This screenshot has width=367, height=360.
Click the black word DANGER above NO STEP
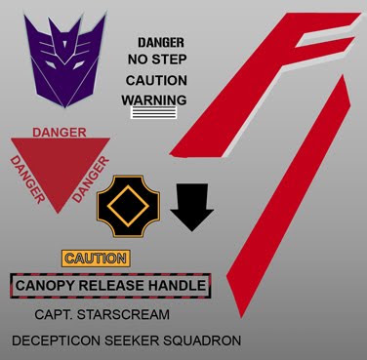click(161, 43)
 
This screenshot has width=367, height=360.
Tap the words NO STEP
click(157, 60)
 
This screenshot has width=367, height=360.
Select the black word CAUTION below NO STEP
click(156, 81)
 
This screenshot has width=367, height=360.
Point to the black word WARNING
click(154, 100)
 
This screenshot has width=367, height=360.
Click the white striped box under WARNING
click(153, 112)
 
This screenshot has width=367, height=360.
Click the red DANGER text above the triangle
click(60, 133)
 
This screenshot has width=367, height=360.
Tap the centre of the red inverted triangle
click(61, 164)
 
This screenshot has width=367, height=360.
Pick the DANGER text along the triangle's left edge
click(27, 180)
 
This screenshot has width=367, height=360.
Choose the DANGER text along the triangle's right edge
click(91, 180)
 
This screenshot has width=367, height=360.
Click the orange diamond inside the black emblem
click(128, 206)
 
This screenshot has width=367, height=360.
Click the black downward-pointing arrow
click(191, 207)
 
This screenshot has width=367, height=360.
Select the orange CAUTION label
click(96, 259)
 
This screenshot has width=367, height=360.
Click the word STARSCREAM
click(123, 315)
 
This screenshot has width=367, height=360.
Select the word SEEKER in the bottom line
click(132, 340)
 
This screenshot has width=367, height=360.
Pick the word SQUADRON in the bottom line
click(202, 340)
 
